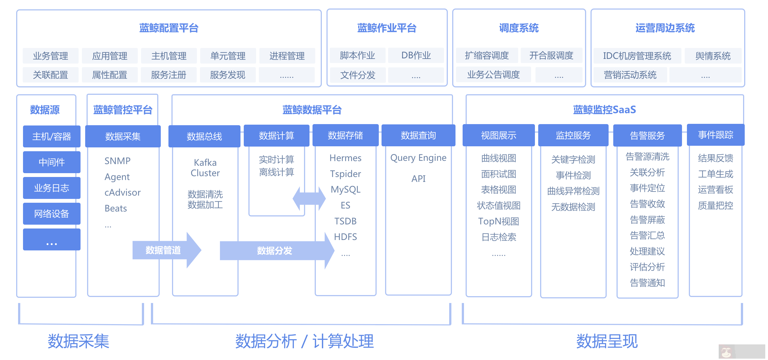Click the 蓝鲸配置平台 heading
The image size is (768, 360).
[x=169, y=28]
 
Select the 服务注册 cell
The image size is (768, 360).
[x=169, y=75]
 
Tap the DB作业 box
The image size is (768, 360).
[x=416, y=55]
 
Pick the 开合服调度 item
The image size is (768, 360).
[x=551, y=55]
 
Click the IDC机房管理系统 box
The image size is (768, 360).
[x=637, y=56]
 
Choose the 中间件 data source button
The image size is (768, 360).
[x=51, y=162]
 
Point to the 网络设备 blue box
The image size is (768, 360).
[x=51, y=213]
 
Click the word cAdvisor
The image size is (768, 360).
[x=122, y=192]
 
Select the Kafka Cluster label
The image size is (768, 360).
[x=205, y=168]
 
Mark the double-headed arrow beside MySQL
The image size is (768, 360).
[x=309, y=198]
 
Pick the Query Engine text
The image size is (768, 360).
[x=418, y=158]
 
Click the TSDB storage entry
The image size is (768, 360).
[x=345, y=221]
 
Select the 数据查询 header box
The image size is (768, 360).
[x=418, y=135]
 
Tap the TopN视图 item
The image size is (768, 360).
[x=498, y=221]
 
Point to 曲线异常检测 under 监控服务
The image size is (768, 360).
[x=573, y=191]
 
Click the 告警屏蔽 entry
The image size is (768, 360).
[x=647, y=220]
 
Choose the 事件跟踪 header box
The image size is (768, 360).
[x=715, y=135]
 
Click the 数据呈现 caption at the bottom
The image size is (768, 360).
[x=607, y=341]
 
